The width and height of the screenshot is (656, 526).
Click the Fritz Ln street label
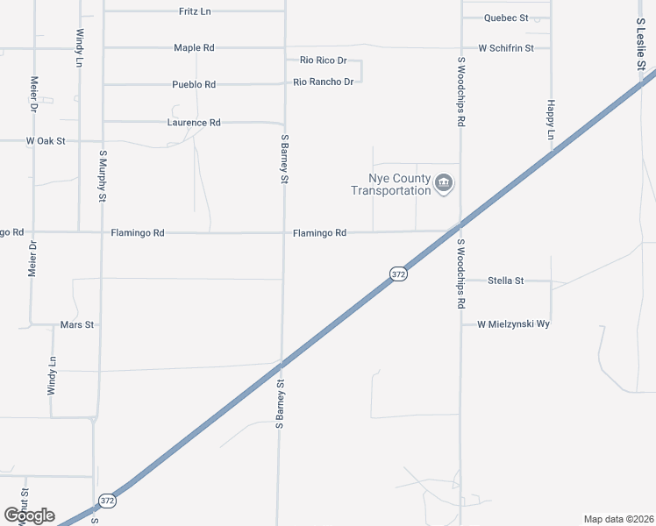(194, 11)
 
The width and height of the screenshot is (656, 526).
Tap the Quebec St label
(506, 18)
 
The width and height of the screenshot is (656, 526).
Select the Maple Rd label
(194, 47)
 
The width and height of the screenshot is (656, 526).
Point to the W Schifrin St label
(505, 47)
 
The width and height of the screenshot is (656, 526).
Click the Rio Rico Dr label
(324, 60)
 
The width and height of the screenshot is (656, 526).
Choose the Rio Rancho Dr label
(324, 82)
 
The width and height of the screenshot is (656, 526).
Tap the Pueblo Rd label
(194, 84)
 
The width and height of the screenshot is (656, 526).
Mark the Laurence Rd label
(194, 123)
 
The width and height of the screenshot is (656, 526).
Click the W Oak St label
(46, 140)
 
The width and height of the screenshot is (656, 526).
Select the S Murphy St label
(103, 176)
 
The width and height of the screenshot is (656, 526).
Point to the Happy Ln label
(551, 118)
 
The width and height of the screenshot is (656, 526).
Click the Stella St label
(505, 281)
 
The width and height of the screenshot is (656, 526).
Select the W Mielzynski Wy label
(513, 324)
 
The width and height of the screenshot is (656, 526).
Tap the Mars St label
(77, 324)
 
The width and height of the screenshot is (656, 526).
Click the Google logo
(30, 515)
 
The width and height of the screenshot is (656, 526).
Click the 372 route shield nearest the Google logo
(107, 501)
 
